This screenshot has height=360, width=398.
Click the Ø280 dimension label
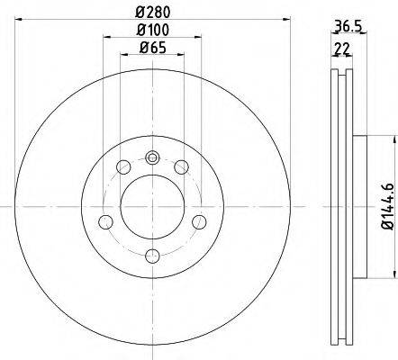[153, 13]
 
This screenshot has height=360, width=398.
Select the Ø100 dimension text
[153, 30]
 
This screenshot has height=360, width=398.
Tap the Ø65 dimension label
[153, 48]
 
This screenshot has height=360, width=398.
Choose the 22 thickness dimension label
[342, 49]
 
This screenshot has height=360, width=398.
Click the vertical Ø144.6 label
[387, 207]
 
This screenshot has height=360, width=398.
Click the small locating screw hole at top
[152, 157]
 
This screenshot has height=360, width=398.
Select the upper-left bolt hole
[123, 167]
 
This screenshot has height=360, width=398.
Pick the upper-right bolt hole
[182, 167]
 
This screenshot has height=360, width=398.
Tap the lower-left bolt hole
[105, 222]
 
